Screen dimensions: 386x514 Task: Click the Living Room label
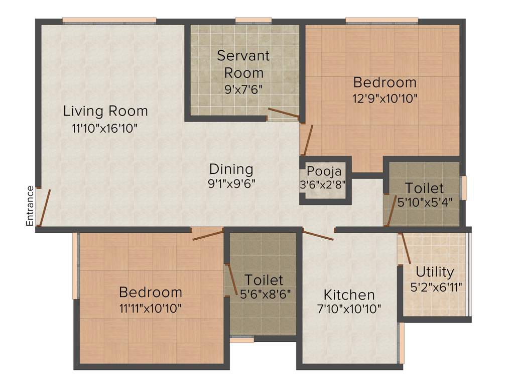(x=105, y=111)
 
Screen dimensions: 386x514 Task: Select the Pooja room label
(x=324, y=171)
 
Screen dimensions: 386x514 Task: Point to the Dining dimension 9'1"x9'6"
(x=231, y=183)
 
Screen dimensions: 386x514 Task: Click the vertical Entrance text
(x=30, y=206)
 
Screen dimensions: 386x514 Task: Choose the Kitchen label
(x=349, y=295)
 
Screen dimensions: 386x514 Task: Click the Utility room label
(x=435, y=272)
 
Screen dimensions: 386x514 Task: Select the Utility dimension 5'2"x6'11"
(x=436, y=287)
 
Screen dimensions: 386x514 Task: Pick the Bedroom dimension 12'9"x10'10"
(x=384, y=98)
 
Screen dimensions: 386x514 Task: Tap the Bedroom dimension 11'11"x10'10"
(x=150, y=307)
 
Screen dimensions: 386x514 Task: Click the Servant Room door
(x=284, y=113)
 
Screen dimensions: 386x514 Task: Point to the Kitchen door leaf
(x=318, y=234)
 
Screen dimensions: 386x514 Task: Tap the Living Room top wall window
(x=109, y=21)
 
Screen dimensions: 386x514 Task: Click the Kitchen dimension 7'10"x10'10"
(x=349, y=309)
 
